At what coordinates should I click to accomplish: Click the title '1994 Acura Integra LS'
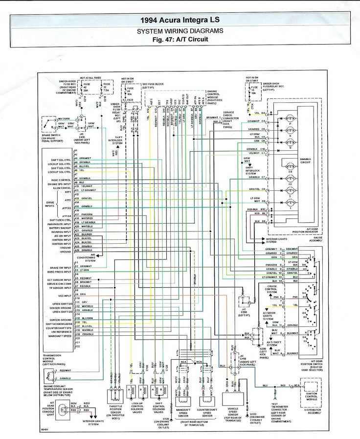(x=180, y=20)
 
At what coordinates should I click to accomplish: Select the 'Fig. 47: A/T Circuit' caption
(x=180, y=39)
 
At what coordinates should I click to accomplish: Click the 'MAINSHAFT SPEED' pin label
(x=60, y=336)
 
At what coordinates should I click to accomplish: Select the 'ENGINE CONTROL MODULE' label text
(x=212, y=97)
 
